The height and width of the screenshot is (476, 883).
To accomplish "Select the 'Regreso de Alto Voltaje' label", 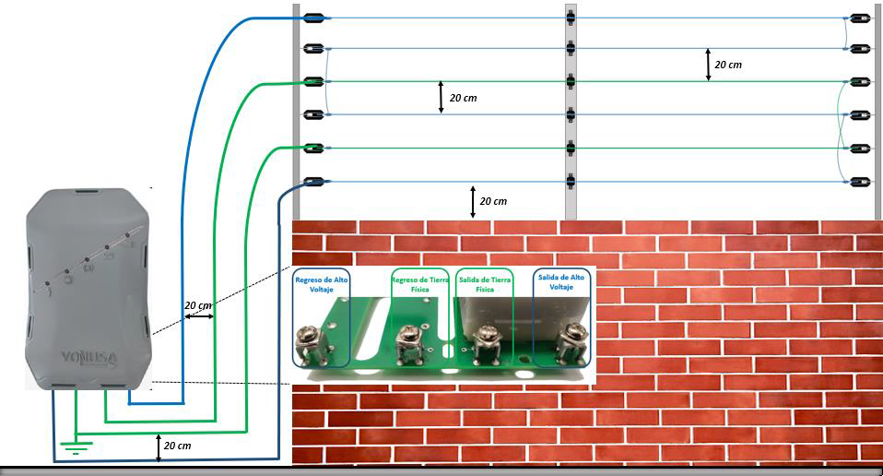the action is pos(322,284).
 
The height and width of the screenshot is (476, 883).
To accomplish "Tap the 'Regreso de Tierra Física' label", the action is pos(420,284).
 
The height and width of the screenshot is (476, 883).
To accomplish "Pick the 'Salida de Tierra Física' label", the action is pos(485,284).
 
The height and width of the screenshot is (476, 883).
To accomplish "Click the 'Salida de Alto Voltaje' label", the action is pos(561,281).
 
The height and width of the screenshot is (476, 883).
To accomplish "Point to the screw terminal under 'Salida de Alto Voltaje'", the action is pos(571,342).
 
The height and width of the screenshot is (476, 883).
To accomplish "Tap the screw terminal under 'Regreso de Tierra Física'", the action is pos(409,344).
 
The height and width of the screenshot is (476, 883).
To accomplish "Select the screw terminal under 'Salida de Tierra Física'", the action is pos(488,344).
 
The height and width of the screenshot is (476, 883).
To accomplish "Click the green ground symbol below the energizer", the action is pos(76,447).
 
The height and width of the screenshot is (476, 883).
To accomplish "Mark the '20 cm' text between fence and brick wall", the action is pos(493,201).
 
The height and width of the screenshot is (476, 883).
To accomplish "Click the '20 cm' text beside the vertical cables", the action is pos(198,305).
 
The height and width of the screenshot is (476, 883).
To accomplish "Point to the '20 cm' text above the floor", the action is pos(177,446).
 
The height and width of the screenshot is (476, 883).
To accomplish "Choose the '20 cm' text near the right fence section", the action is pos(728,65).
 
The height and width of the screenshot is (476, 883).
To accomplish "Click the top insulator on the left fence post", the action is pos(313,18).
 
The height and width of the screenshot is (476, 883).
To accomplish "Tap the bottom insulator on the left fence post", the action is pos(313,182).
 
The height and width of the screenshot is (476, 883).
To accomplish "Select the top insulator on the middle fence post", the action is pos(571,18).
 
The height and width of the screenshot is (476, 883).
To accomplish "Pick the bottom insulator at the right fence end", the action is pos(860,182).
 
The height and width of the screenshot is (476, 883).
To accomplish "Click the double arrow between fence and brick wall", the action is pos(473,202).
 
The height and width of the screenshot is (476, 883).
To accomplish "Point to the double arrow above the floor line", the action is pos(159,447).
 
